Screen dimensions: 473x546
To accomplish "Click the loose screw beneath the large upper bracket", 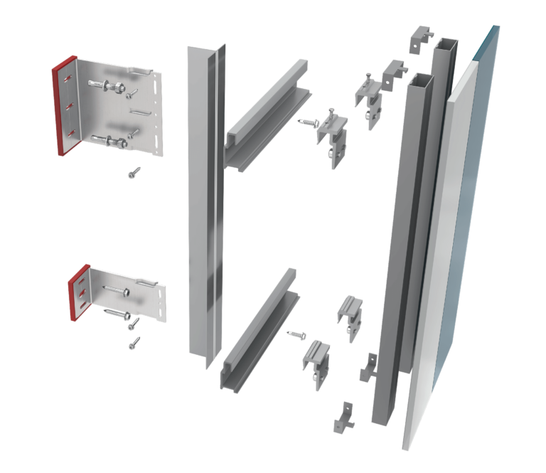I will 134,171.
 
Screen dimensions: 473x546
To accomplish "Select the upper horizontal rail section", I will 267,114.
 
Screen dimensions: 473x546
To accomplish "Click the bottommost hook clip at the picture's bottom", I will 344,418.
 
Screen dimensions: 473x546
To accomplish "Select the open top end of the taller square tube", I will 445,43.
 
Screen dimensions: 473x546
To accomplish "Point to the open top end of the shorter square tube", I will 421,78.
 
